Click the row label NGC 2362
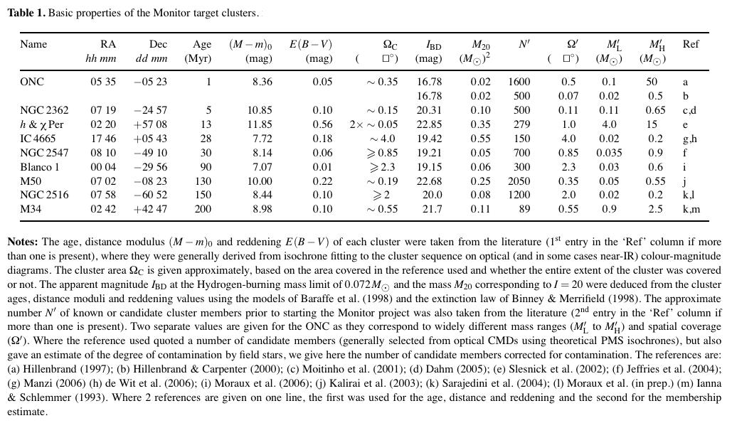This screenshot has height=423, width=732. (44, 110)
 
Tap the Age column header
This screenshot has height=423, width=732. (202, 44)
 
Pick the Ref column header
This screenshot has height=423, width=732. (690, 44)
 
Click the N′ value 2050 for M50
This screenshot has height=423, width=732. (519, 181)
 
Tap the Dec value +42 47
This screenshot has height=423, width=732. (151, 209)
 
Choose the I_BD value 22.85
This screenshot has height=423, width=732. (429, 124)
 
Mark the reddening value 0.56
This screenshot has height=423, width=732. (322, 124)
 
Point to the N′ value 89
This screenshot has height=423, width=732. (524, 209)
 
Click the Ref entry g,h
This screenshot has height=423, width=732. (689, 139)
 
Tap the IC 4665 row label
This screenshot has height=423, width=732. (38, 139)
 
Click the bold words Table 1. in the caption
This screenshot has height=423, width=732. (26, 13)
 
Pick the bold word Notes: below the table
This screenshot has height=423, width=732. (23, 242)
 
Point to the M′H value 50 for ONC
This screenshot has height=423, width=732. (652, 82)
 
